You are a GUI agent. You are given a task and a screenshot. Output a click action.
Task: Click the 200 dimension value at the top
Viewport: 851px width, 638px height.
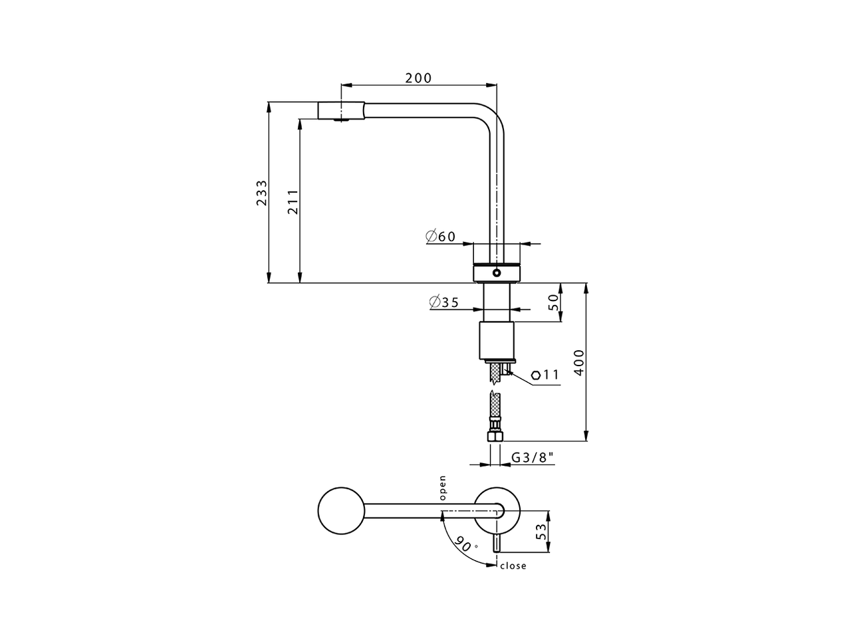pyautogui.click(x=418, y=78)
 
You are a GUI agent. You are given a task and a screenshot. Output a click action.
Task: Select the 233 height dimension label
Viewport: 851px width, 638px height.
pyautogui.click(x=262, y=193)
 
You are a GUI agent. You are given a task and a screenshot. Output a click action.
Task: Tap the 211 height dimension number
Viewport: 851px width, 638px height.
pyautogui.click(x=293, y=201)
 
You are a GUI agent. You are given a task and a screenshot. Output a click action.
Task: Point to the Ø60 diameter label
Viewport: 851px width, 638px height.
pyautogui.click(x=441, y=236)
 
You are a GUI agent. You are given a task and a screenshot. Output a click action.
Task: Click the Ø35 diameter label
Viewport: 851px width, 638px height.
pyautogui.click(x=444, y=302)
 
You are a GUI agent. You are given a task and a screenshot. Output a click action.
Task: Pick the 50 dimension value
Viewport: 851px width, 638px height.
pyautogui.click(x=554, y=302)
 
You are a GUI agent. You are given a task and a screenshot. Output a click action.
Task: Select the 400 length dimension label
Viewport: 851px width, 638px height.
pyautogui.click(x=578, y=362)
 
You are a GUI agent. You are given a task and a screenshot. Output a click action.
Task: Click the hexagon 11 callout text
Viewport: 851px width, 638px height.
pyautogui.click(x=545, y=375)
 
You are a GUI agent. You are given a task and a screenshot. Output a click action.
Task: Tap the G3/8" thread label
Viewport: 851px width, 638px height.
pyautogui.click(x=532, y=458)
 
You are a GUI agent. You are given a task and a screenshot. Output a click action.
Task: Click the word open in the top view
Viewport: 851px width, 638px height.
pyautogui.click(x=442, y=488)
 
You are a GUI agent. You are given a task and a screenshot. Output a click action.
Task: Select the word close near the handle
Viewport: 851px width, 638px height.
pyautogui.click(x=513, y=566)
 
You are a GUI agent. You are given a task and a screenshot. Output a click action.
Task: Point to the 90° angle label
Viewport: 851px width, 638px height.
pyautogui.click(x=465, y=545)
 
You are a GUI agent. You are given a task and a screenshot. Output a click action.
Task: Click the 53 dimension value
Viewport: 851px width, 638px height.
pyautogui.click(x=541, y=531)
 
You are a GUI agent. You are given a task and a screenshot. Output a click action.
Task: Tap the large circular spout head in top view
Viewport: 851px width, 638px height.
pyautogui.click(x=342, y=510)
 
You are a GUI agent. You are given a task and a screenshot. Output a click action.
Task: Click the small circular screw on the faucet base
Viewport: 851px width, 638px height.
pyautogui.click(x=496, y=272)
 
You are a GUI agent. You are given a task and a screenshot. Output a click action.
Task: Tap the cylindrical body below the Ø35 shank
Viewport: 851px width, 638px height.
pyautogui.click(x=497, y=340)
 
